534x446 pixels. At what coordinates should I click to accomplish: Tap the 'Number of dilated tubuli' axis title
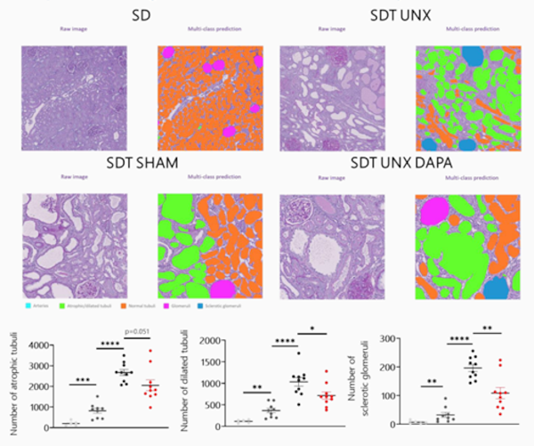198,383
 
